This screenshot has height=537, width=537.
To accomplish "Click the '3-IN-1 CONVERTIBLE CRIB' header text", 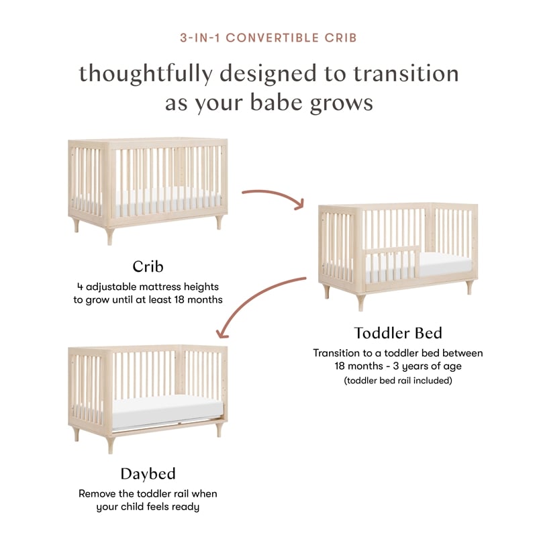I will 268,38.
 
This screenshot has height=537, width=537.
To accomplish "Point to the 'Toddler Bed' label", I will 398,333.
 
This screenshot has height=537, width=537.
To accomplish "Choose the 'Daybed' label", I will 148,474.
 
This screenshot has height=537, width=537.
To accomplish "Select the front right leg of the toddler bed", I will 468,288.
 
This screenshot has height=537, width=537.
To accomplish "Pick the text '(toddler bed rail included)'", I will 398,381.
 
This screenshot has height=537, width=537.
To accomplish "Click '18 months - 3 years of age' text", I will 398,367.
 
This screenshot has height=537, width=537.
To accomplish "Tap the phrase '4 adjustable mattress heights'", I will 148,286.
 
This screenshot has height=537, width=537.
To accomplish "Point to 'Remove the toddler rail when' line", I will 148,493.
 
